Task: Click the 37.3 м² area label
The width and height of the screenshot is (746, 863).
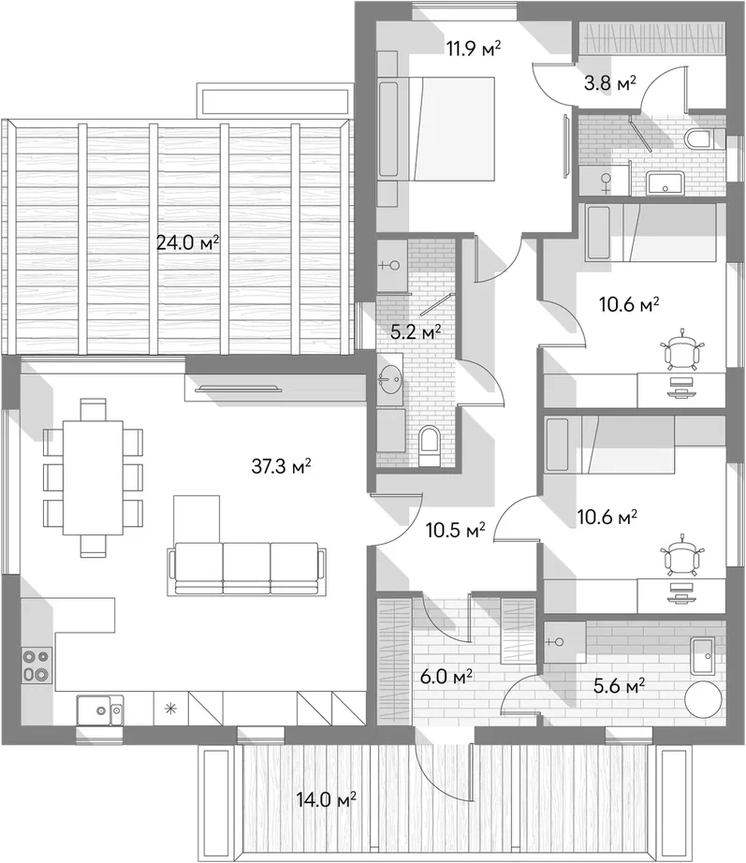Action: pyautogui.click(x=282, y=467)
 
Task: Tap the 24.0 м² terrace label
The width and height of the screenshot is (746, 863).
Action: pyautogui.click(x=188, y=242)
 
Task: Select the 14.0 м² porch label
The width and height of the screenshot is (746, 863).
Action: pyautogui.click(x=326, y=799)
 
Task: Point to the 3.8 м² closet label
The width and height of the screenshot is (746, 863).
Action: pyautogui.click(x=610, y=84)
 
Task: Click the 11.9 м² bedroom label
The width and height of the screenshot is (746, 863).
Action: pyautogui.click(x=474, y=49)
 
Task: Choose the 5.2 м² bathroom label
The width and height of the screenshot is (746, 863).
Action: pyautogui.click(x=416, y=332)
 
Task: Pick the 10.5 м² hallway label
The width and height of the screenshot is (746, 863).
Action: pyautogui.click(x=455, y=531)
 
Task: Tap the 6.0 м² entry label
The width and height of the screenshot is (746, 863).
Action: pyautogui.click(x=446, y=677)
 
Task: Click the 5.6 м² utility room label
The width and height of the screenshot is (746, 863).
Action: pyautogui.click(x=620, y=686)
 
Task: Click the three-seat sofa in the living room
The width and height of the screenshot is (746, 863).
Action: pyautogui.click(x=246, y=568)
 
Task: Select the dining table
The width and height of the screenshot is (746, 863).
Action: pyautogui.click(x=93, y=477)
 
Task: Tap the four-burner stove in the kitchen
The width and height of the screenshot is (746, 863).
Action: pyautogui.click(x=37, y=666)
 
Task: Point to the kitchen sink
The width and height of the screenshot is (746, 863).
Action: pyautogui.click(x=99, y=710)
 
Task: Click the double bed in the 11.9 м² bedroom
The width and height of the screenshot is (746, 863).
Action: pyautogui.click(x=436, y=128)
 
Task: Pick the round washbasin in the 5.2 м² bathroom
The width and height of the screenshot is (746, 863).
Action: pyautogui.click(x=390, y=380)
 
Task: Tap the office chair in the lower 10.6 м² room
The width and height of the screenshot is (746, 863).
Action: pyautogui.click(x=682, y=555)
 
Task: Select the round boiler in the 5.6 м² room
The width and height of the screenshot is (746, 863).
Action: pyautogui.click(x=703, y=699)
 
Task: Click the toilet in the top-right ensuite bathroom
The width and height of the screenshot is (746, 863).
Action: pyautogui.click(x=699, y=139)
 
